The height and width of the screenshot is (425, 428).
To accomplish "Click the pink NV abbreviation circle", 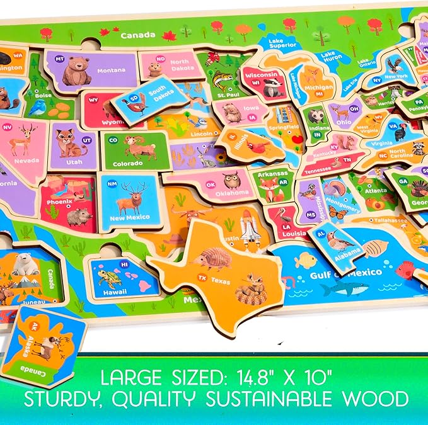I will (8, 127).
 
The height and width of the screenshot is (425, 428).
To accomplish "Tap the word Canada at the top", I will (138, 35).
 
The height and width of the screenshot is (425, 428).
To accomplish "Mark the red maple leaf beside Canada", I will (169, 35).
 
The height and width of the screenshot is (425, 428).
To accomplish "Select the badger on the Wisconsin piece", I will (272, 88).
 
